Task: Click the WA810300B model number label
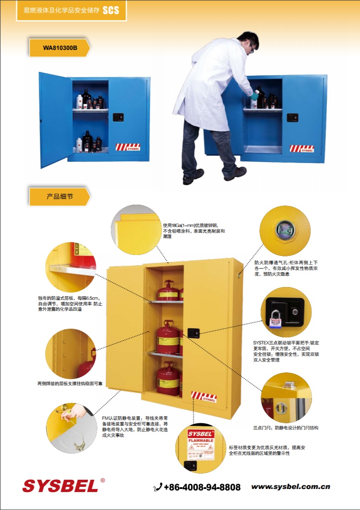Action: [x=60, y=48]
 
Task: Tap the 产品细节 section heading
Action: [x=60, y=197]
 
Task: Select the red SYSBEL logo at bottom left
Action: [x=60, y=485]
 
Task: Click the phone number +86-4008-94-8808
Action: [x=202, y=487]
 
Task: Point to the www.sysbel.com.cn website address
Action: [x=290, y=487]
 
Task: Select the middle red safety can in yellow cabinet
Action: [x=168, y=337]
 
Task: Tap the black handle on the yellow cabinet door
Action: [x=193, y=333]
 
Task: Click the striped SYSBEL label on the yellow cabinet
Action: [x=204, y=397]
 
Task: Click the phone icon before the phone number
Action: [x=158, y=487]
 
